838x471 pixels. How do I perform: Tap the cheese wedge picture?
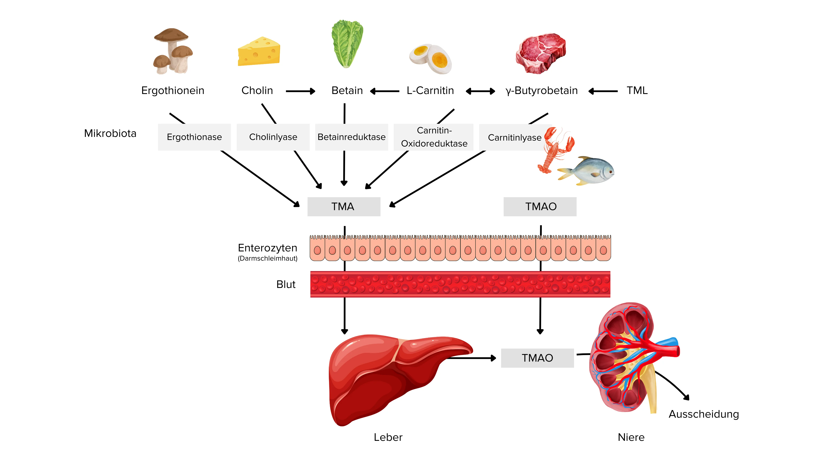tap(259, 52)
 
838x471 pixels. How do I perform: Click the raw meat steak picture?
tap(541, 53)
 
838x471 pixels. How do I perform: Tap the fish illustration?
tap(587, 171)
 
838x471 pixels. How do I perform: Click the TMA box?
tap(344, 207)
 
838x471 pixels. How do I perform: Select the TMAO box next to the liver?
tap(537, 358)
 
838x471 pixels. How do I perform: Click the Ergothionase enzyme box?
tap(194, 137)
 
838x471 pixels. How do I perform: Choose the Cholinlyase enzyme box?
tap(273, 137)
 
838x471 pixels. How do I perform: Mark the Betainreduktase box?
tap(351, 137)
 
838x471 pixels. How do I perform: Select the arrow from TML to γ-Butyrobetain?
tap(603, 91)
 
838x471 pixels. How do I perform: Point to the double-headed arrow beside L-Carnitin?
tap(480, 91)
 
